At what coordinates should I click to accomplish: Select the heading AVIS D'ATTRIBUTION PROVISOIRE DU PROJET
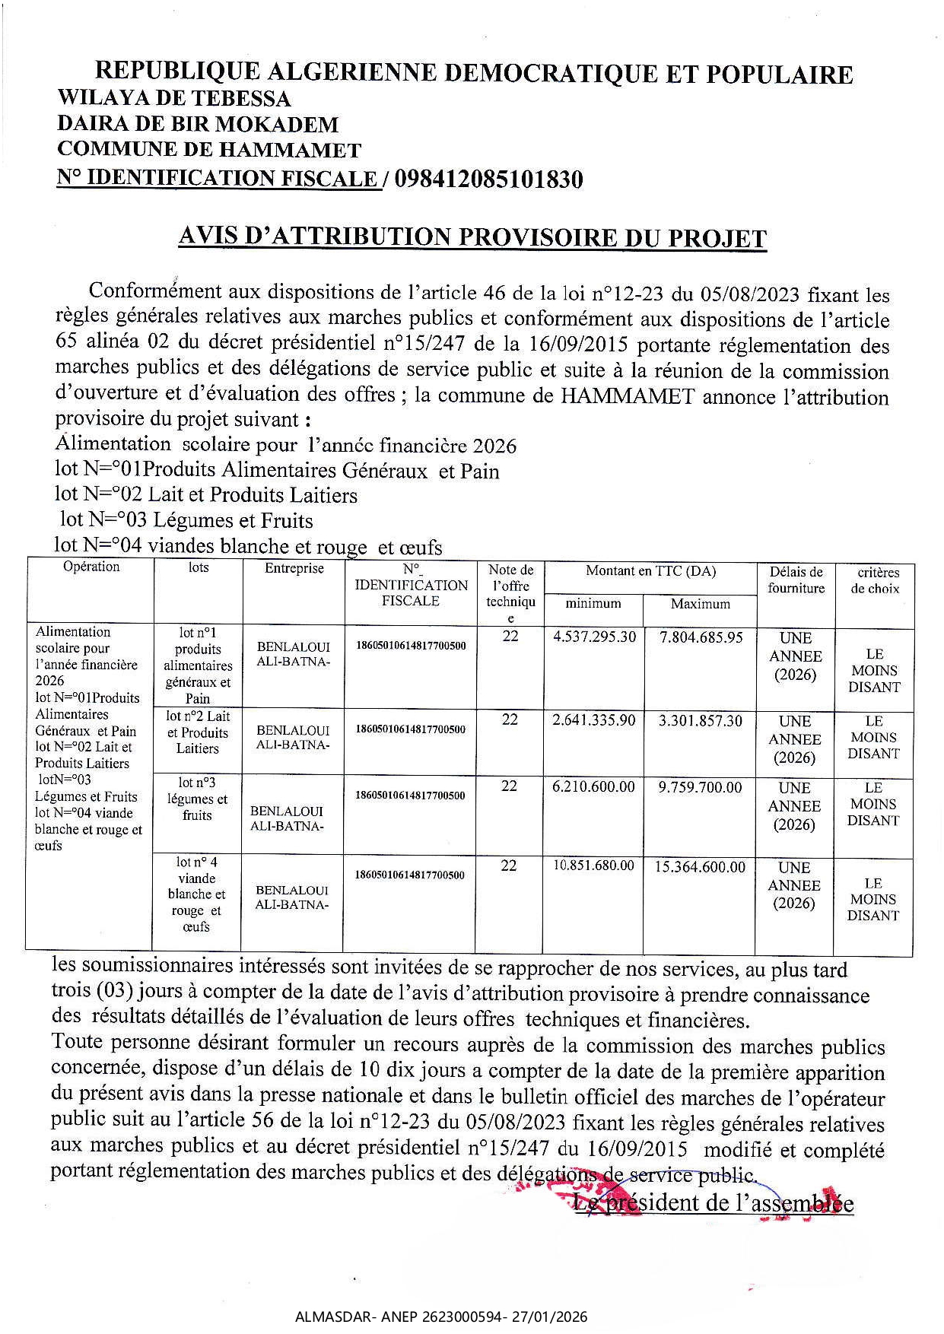pos(472,237)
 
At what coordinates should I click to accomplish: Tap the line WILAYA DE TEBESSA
pos(174,98)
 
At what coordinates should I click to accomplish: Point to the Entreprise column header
pos(294,568)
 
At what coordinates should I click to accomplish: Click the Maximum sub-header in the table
pos(700,604)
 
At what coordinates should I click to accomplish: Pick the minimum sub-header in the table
pos(593,603)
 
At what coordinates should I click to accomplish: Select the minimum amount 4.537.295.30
pos(594,637)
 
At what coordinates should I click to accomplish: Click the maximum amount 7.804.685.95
pos(701,637)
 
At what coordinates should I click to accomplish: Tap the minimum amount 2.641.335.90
pos(593,720)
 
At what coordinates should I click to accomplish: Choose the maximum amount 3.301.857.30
pos(700,721)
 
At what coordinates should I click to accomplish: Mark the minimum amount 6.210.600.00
pos(593,787)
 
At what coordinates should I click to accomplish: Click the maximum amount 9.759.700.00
pos(700,788)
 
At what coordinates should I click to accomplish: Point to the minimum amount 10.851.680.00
pos(593,866)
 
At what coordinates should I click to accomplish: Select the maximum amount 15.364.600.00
pos(700,867)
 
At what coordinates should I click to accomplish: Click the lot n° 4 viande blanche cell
pos(197,894)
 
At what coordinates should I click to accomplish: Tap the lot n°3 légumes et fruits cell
pos(197,799)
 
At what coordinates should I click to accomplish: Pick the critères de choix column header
pos(875,580)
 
